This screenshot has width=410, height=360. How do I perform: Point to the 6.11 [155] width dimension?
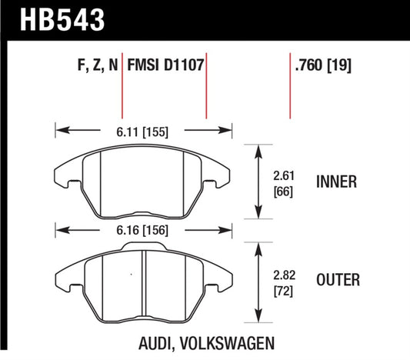144,130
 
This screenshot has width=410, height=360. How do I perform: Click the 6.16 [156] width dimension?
144,229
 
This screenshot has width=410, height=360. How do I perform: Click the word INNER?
335,182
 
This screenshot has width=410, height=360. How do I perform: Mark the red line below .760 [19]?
290,96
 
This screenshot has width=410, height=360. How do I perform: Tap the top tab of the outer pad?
144,246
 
